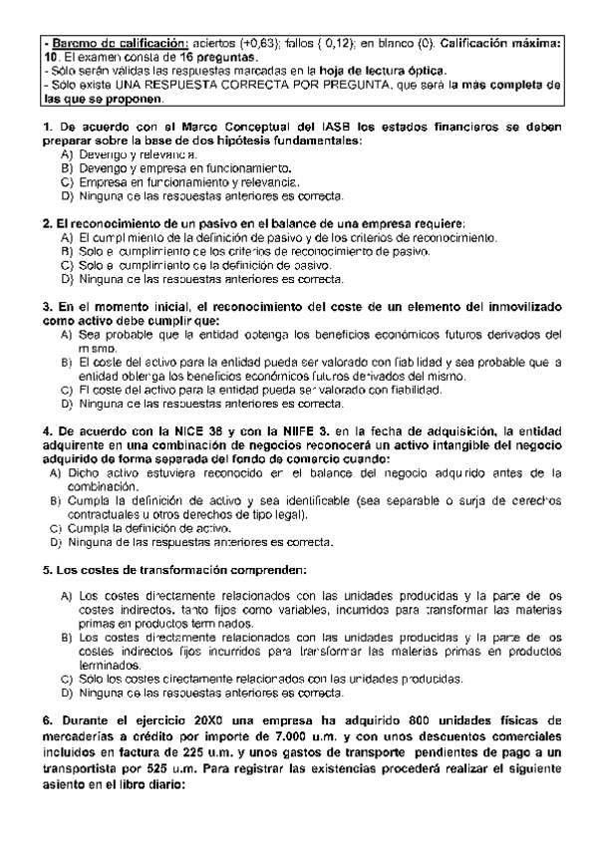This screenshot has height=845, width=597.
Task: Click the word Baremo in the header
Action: (x=72, y=45)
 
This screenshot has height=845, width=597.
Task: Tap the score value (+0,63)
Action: (x=256, y=45)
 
